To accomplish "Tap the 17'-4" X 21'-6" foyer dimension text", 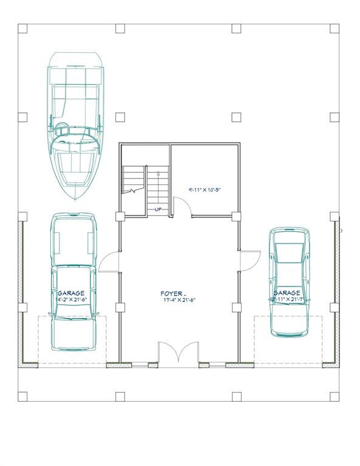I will [178, 300].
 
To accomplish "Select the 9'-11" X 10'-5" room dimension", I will [204, 189].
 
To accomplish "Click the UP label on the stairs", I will [158, 209].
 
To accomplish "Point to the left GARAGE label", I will [71, 292].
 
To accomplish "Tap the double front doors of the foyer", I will [179, 353].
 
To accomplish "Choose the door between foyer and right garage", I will [249, 261].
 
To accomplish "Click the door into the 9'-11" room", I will [183, 208].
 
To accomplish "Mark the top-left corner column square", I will [22, 28].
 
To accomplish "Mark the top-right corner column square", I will [335, 28].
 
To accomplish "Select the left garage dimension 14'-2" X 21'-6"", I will [72, 300].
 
